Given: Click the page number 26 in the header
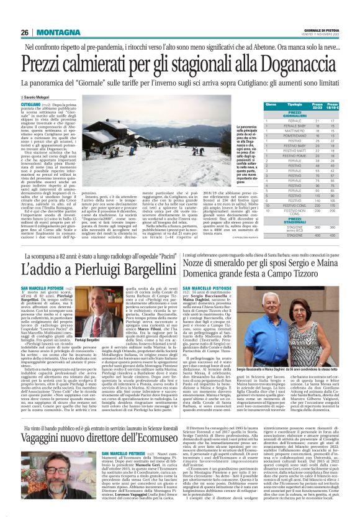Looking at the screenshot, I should click(x=24, y=32).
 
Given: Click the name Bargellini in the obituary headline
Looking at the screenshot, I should click(x=132, y=271).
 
